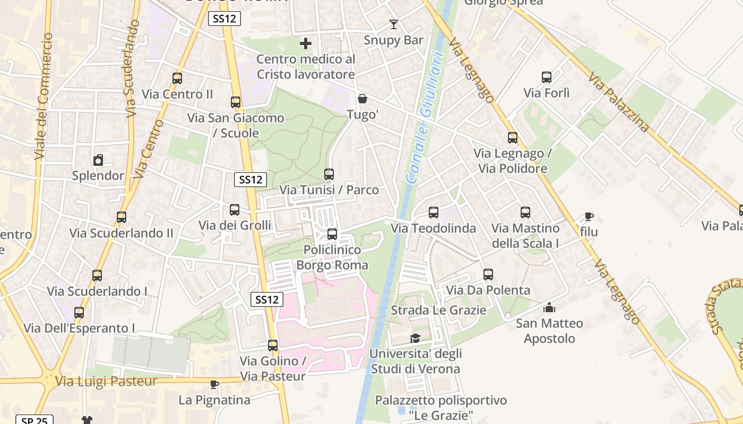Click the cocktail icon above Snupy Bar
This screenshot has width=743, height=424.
pos(393,24)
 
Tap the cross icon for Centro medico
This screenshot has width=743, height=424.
pos(306,43)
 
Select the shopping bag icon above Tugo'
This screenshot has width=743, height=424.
pos(362,99)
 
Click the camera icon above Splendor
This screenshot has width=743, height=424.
pos(98,160)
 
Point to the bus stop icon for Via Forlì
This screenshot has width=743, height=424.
pos(547,77)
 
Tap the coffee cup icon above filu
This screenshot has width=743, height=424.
pos(589,216)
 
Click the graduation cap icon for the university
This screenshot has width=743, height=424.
pos(415,338)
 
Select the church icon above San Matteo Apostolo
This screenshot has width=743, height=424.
pos(549,307)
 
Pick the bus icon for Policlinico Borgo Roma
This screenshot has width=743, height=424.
pos(332,234)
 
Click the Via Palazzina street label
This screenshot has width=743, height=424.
pos(618,102)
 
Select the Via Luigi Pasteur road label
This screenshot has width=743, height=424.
pos(106,381)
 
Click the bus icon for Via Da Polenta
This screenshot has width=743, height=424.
pos(488,275)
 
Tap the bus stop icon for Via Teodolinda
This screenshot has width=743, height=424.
pos(434,213)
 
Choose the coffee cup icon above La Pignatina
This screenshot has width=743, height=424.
pos(214,384)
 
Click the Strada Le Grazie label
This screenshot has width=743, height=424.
pos(438,310)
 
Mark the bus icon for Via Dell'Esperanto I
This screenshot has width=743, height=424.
pos(79,313)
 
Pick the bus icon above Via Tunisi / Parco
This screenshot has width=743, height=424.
pos(329,174)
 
